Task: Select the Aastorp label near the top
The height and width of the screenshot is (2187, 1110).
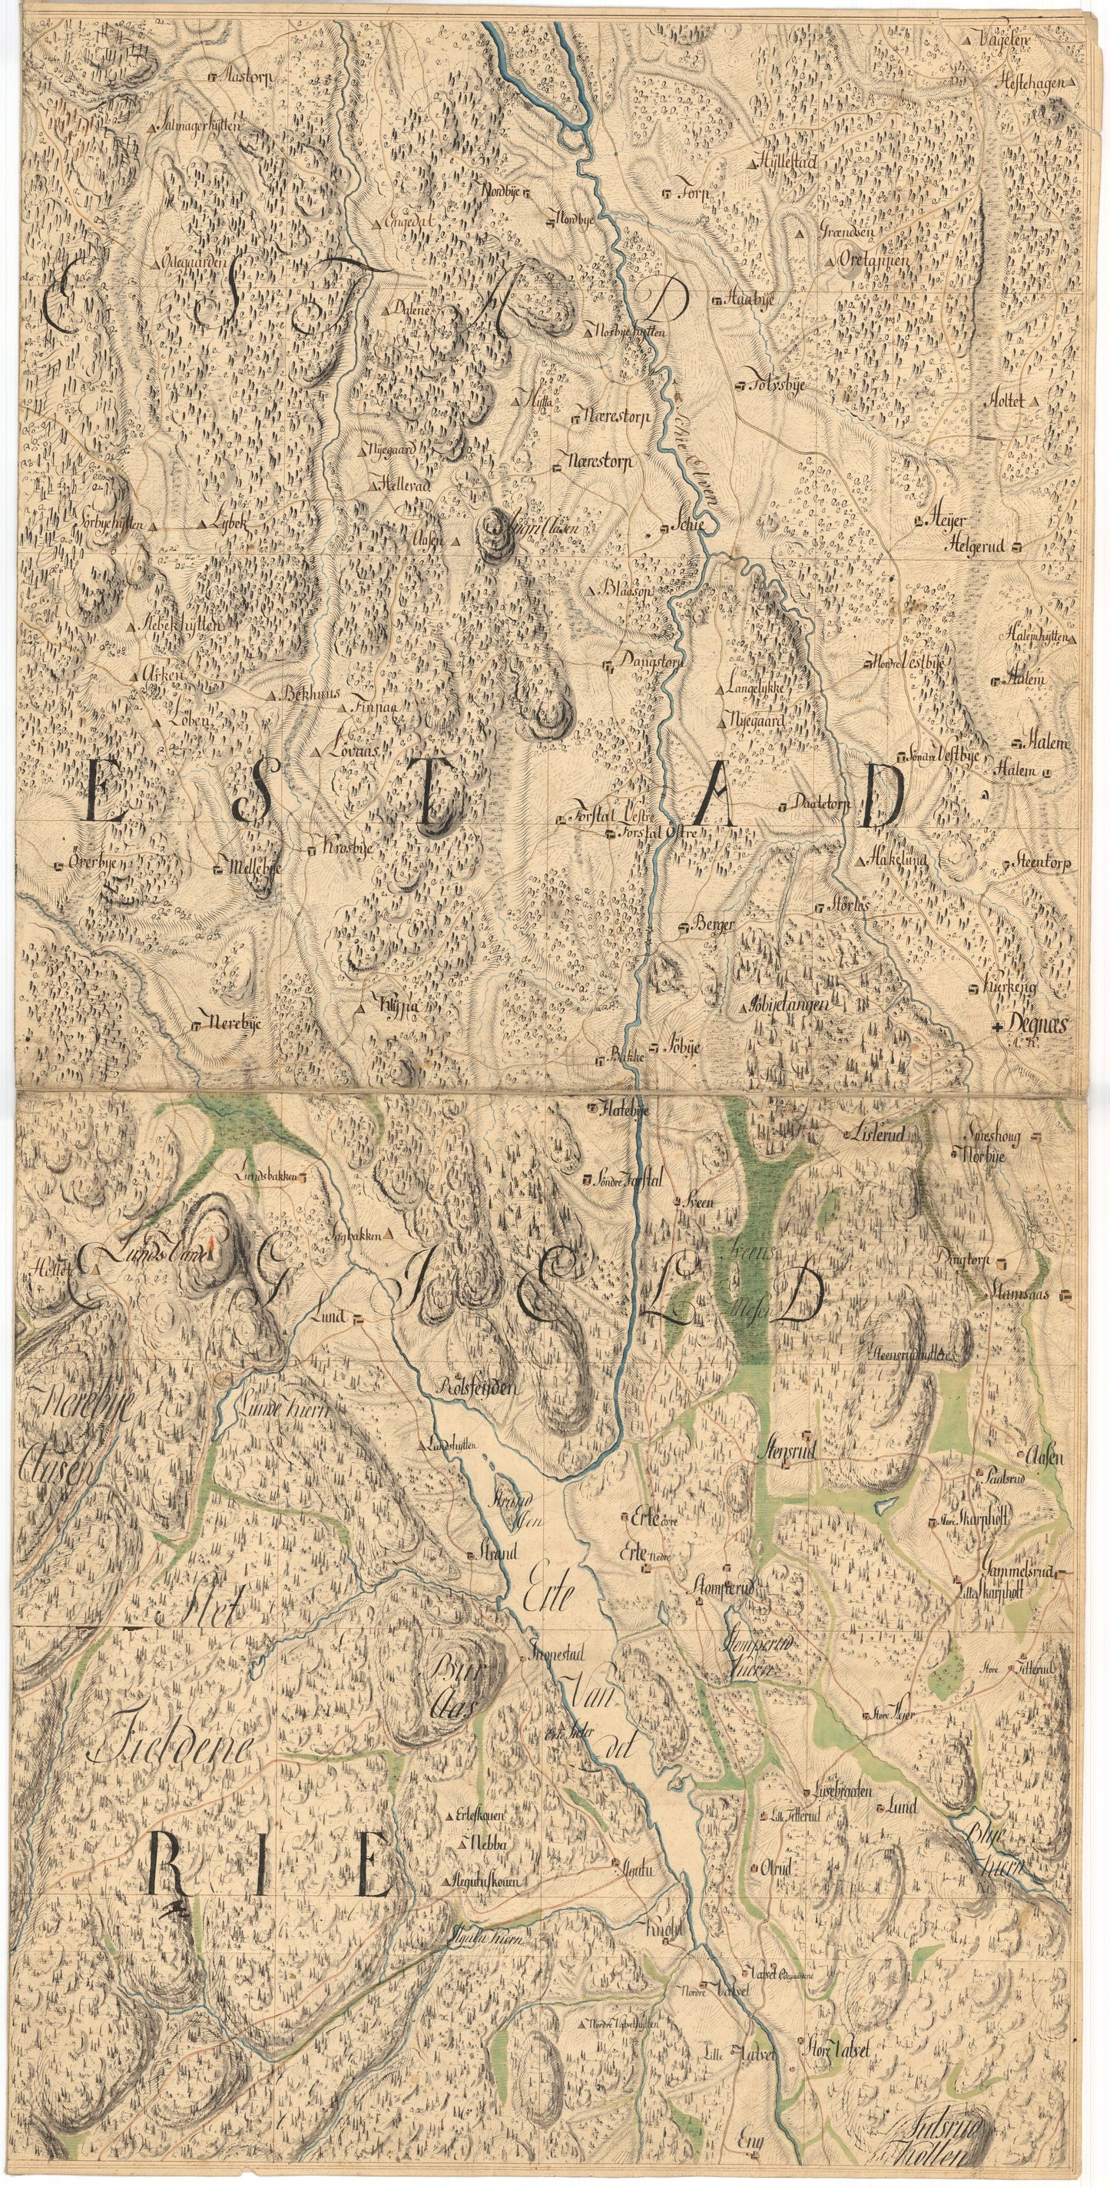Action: pyautogui.click(x=244, y=77)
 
